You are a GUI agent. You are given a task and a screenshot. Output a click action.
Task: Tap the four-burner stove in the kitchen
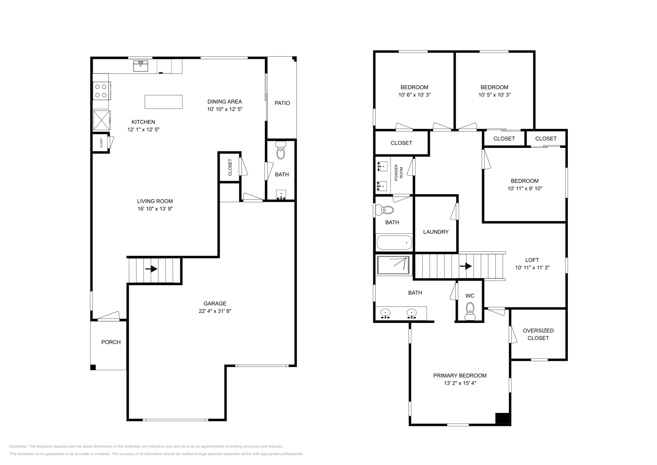tap(101, 91)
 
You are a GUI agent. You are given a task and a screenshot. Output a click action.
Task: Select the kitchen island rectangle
tap(163, 101)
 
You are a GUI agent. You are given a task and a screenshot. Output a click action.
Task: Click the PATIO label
tap(282, 103)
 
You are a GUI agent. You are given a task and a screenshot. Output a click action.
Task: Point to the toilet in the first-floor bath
tap(281, 151)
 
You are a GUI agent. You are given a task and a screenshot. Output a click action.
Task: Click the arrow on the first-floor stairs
tap(151, 269)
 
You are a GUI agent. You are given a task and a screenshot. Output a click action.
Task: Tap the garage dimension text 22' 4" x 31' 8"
tap(215, 311)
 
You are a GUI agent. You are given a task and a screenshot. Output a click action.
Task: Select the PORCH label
tap(111, 342)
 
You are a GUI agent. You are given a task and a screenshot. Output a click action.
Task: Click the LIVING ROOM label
tap(155, 201)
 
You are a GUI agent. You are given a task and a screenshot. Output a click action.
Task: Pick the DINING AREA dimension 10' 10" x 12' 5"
tap(225, 109)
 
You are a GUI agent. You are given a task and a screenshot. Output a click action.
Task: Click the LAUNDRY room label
tap(436, 232)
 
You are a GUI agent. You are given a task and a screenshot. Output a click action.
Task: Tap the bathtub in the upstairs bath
tap(394, 242)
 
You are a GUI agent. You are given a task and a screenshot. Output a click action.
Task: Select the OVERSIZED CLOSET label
tap(538, 334)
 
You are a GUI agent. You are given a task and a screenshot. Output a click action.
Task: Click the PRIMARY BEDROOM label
tap(460, 375)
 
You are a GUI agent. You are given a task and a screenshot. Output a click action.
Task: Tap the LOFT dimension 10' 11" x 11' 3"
tap(532, 267)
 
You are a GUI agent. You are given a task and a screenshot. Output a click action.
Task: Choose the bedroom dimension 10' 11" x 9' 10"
tap(525, 189)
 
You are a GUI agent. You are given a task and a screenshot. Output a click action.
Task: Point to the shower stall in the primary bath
tap(393, 265)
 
